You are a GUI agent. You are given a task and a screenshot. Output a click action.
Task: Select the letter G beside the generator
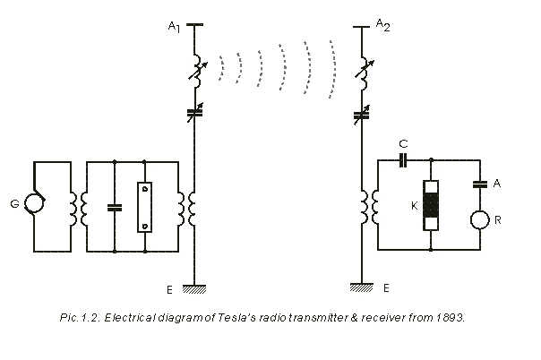14,205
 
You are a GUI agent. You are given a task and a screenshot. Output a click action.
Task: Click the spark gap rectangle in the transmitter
144,207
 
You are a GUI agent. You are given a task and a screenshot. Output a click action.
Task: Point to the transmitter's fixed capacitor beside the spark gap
115,207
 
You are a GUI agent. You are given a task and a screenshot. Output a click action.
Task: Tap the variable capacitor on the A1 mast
195,114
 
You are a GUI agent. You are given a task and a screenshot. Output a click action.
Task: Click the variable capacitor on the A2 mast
362,114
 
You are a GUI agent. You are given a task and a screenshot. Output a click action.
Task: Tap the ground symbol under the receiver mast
362,287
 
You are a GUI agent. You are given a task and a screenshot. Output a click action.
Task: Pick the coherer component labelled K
432,206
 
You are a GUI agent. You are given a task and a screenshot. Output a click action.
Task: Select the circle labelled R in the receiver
481,219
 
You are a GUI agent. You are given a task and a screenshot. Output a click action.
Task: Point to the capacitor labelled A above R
481,184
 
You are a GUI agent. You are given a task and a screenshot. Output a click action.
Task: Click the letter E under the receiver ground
386,288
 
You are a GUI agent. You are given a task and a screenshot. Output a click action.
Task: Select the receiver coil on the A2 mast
364,207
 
